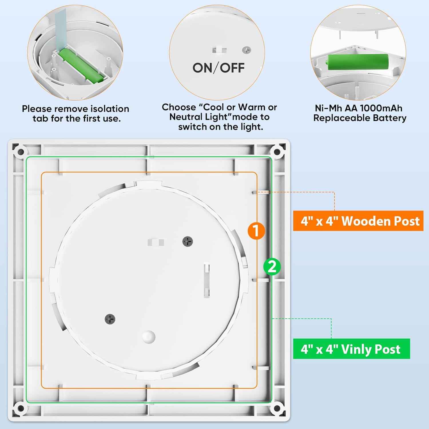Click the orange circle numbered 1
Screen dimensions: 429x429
(256, 231)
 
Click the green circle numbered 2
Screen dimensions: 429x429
(272, 267)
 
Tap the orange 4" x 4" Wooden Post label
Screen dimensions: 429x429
(358, 221)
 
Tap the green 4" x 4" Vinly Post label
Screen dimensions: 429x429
(351, 349)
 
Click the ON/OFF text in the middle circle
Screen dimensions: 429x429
(218, 68)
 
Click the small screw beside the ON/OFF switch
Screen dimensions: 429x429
(246, 50)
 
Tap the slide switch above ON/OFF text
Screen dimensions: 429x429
(219, 50)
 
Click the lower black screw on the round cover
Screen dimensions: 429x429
(110, 319)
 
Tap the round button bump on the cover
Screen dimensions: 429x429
(149, 337)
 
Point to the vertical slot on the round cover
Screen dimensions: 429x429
(206, 280)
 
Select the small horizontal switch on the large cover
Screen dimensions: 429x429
(156, 243)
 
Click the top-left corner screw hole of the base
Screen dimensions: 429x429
(21, 152)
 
